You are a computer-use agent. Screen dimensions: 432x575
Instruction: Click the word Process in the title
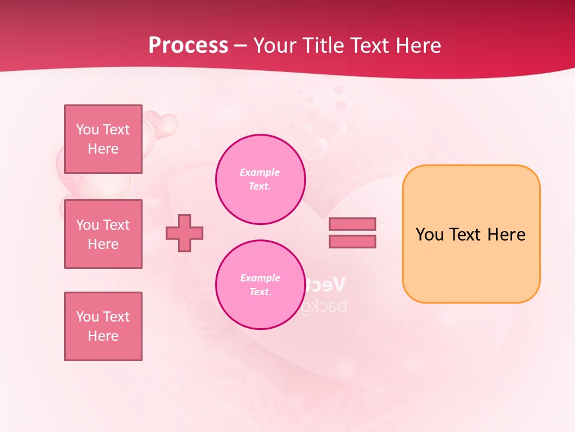pyautogui.click(x=188, y=46)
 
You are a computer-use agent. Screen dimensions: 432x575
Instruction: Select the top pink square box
pyautogui.click(x=103, y=139)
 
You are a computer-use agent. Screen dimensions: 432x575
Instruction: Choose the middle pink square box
pyautogui.click(x=103, y=234)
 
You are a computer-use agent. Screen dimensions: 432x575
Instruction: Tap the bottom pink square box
pyautogui.click(x=103, y=326)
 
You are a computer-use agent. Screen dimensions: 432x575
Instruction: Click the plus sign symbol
pyautogui.click(x=184, y=233)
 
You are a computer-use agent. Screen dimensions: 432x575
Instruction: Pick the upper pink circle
pyautogui.click(x=260, y=179)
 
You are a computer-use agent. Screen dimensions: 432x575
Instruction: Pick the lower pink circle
pyautogui.click(x=260, y=285)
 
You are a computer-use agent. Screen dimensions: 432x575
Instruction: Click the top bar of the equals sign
pyautogui.click(x=352, y=224)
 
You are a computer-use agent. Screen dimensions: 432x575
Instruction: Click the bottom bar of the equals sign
pyautogui.click(x=352, y=242)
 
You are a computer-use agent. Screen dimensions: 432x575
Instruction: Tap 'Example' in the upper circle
pyautogui.click(x=259, y=173)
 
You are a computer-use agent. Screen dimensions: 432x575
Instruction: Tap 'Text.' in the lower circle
pyautogui.click(x=260, y=292)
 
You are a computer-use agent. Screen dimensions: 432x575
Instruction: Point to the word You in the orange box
pyautogui.click(x=429, y=235)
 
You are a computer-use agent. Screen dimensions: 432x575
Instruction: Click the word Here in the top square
pyautogui.click(x=103, y=149)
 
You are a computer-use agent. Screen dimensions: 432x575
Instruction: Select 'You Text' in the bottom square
pyautogui.click(x=103, y=317)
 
